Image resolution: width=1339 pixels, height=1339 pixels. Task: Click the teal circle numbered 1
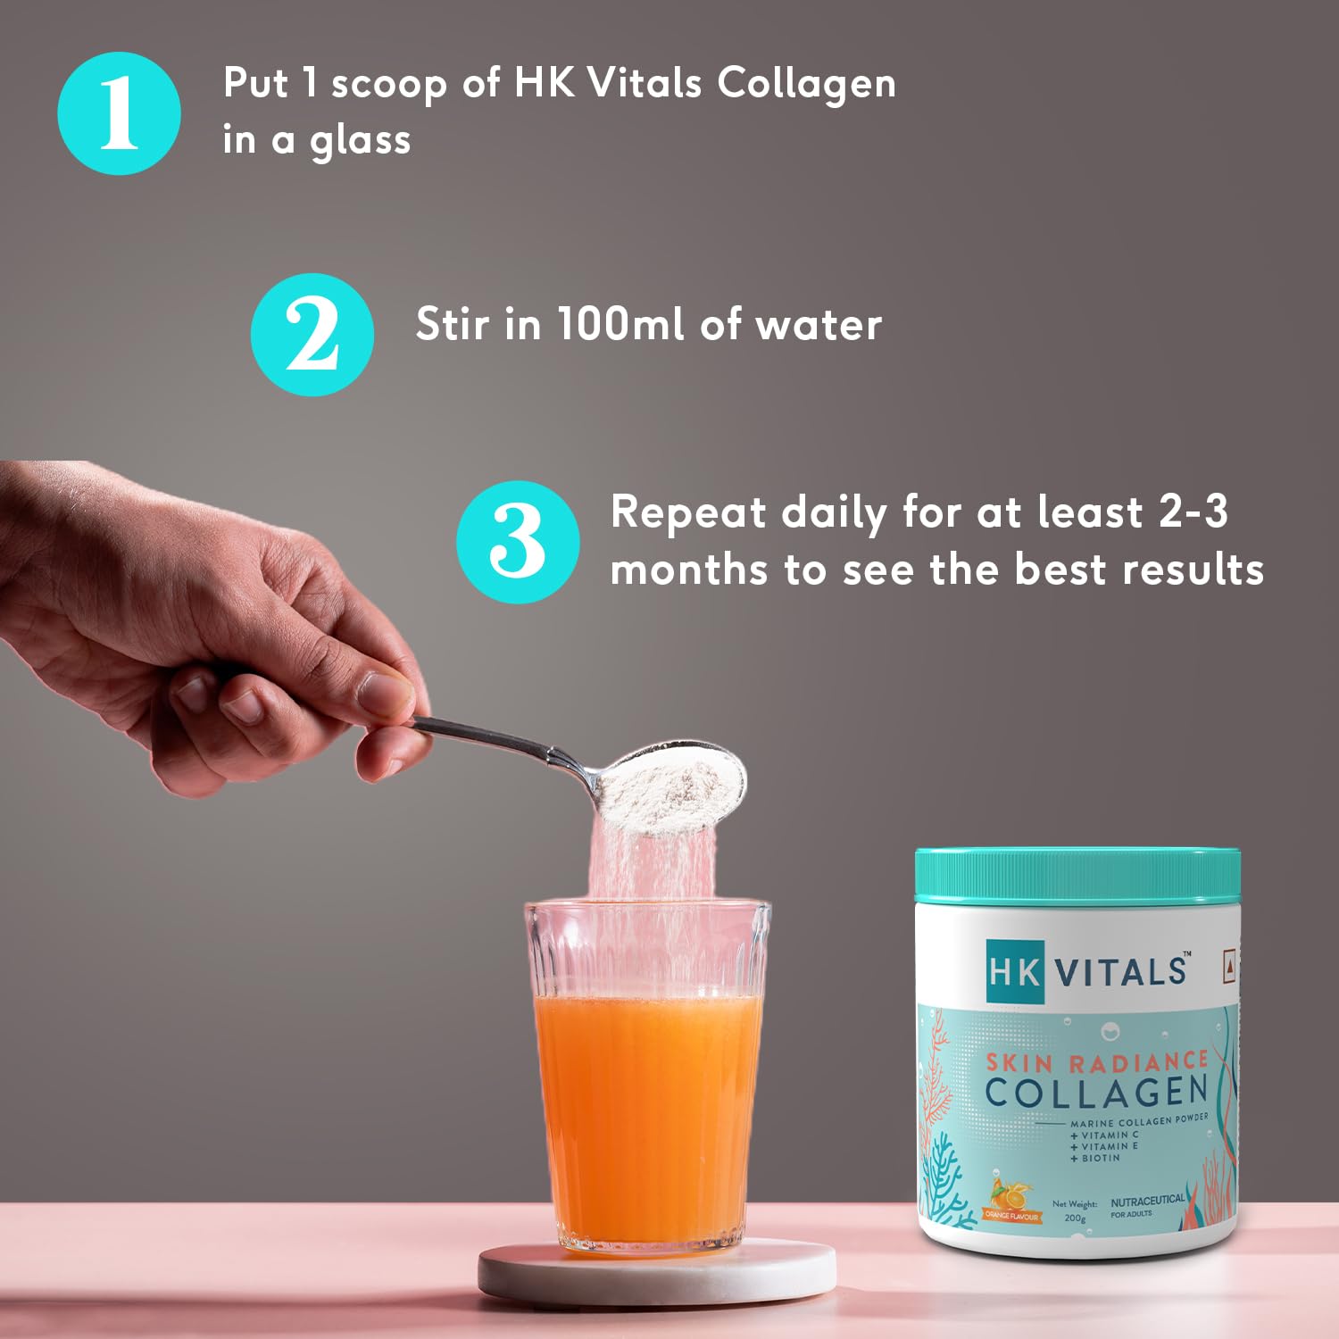tap(119, 113)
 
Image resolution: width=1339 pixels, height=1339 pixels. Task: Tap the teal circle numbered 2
tap(312, 335)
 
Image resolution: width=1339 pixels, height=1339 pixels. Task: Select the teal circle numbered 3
tap(517, 542)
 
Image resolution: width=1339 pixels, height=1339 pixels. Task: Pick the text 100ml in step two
tap(622, 323)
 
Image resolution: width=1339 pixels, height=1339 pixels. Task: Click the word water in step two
tap(819, 325)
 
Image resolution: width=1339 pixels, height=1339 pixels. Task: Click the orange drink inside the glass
tap(647, 1116)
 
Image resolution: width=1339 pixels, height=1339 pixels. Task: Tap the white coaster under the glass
tap(656, 1272)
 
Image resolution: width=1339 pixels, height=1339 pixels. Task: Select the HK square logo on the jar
tap(1014, 970)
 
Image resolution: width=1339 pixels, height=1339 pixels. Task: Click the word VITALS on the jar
tap(1122, 971)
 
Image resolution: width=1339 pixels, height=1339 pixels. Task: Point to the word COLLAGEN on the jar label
tap(1096, 1092)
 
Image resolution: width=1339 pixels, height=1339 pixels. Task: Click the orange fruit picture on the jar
tap(1012, 1194)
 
